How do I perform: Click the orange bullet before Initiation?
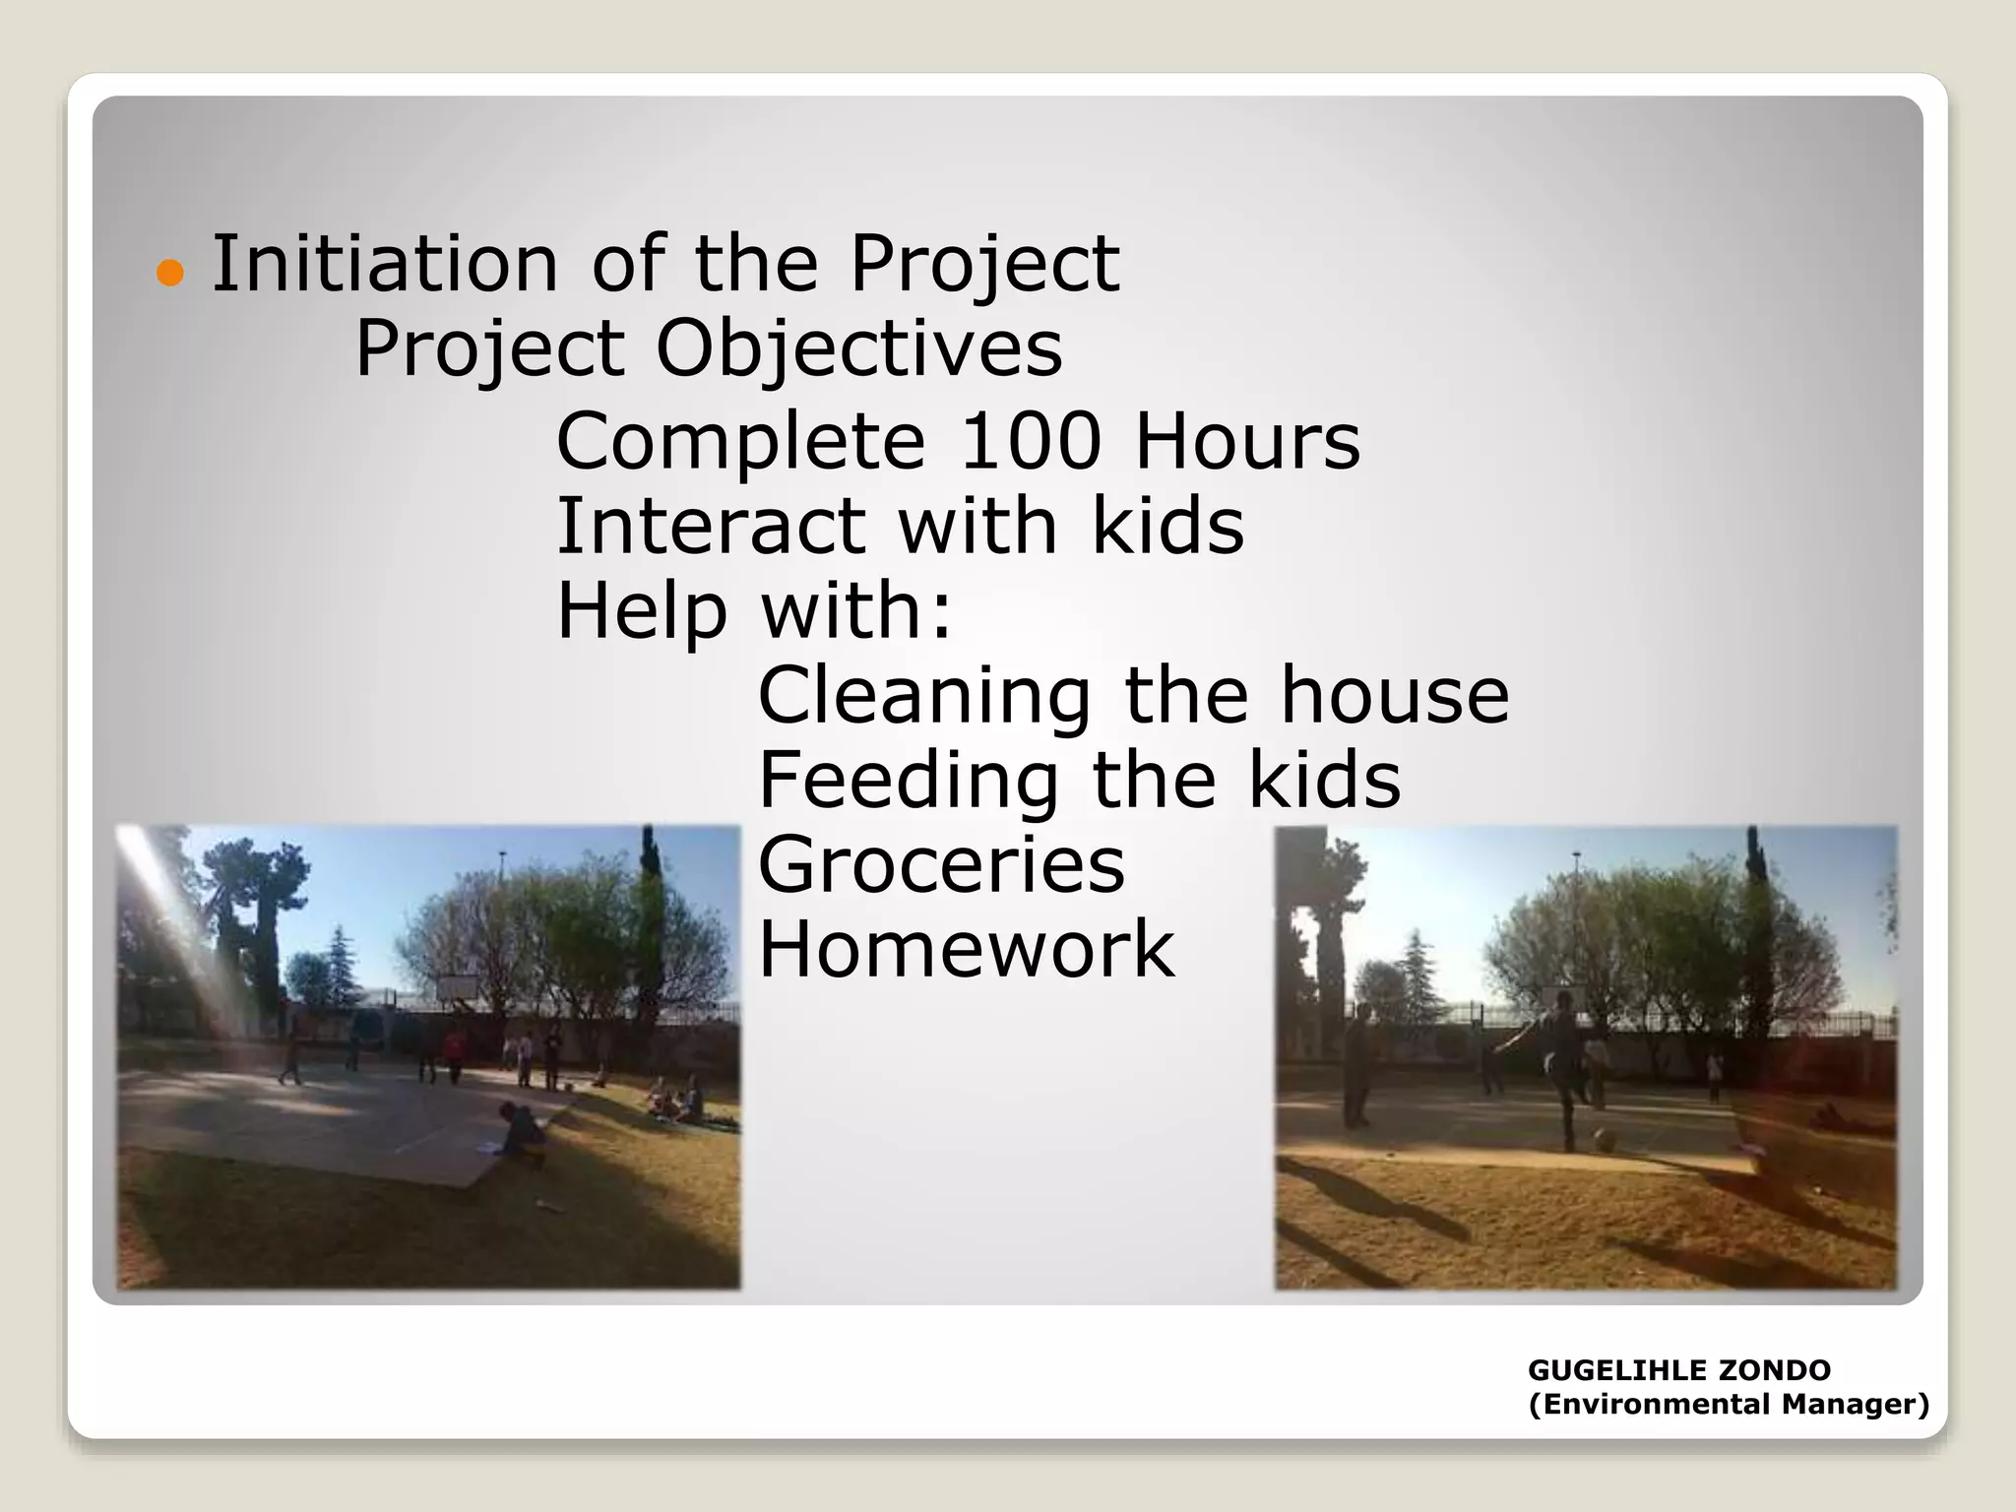coord(170,273)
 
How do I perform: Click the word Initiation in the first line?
coord(385,264)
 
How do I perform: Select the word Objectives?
coord(858,348)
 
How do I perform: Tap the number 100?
coord(1030,441)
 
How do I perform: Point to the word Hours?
coord(1247,441)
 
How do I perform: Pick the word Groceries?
coord(941,864)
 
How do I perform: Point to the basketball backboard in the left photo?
coord(457,985)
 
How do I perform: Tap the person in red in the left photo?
coord(454,1052)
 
